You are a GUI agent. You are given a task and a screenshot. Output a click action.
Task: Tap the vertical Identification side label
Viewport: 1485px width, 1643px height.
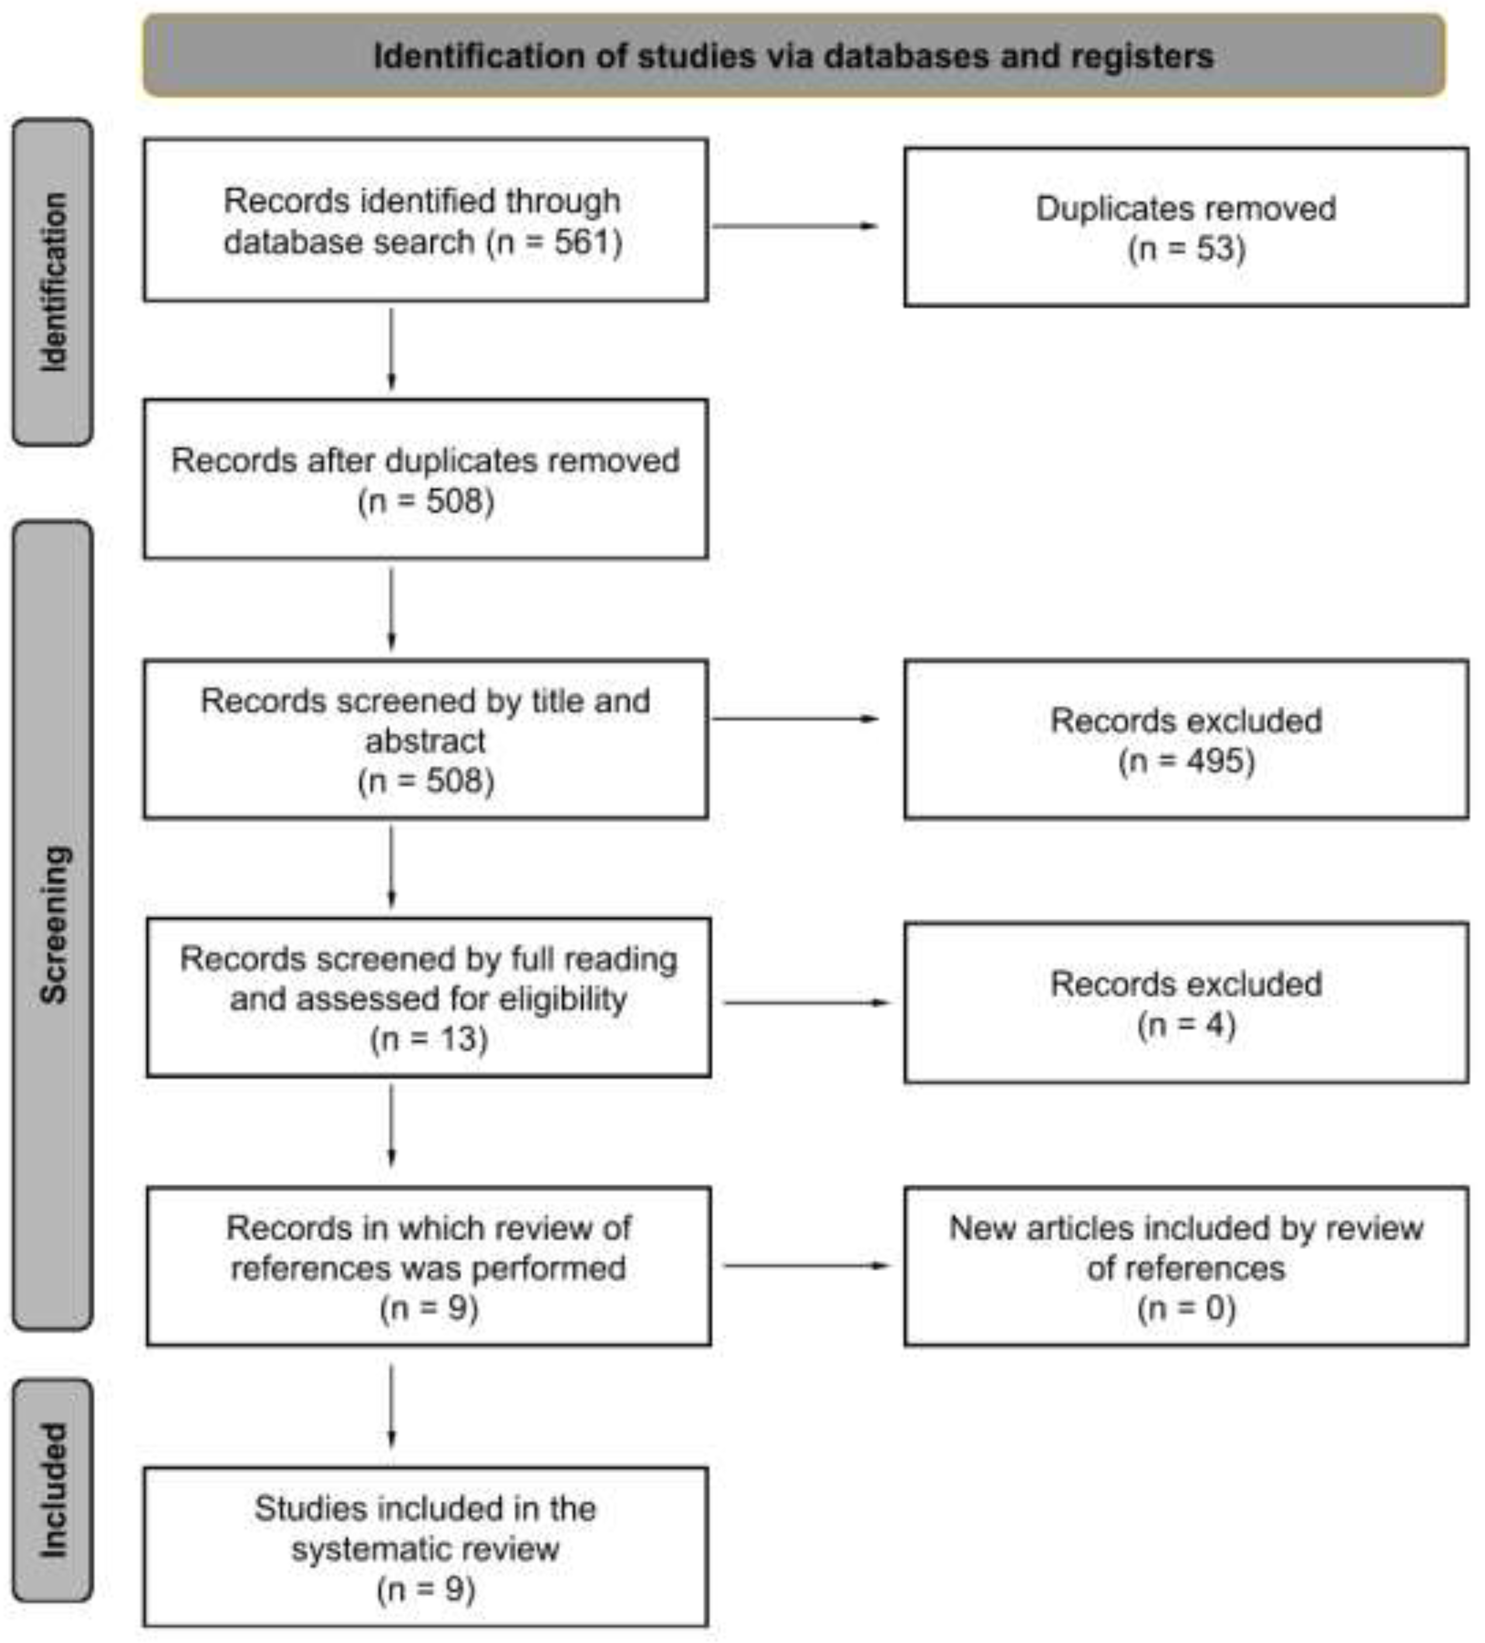[53, 282]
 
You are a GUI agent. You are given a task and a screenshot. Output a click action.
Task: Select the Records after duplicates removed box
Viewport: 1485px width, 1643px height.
[425, 479]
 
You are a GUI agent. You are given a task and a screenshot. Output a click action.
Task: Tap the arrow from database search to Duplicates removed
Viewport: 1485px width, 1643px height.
[794, 226]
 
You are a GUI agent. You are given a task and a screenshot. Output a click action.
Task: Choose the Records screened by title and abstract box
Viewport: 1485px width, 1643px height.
[425, 739]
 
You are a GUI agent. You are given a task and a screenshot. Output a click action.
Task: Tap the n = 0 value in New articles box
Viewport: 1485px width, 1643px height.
[1186, 1308]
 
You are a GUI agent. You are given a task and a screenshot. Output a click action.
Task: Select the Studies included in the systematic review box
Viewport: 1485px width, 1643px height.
[425, 1547]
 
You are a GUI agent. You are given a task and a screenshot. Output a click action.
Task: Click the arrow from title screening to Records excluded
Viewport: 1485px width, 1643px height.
[794, 719]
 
